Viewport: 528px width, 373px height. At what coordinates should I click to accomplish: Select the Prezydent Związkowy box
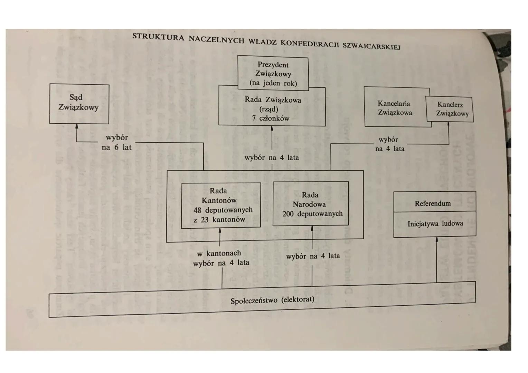pyautogui.click(x=273, y=74)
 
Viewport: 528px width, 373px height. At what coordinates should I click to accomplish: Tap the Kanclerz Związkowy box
pyautogui.click(x=450, y=109)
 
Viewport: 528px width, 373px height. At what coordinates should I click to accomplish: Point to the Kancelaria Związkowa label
pyautogui.click(x=395, y=108)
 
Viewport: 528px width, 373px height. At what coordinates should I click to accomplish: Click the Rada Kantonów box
pyautogui.click(x=221, y=205)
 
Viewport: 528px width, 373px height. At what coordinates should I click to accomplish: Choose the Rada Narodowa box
pyautogui.click(x=311, y=204)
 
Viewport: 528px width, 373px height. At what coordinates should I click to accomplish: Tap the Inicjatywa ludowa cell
pyautogui.click(x=435, y=223)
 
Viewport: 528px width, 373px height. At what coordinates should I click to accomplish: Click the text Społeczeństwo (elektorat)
pyautogui.click(x=272, y=300)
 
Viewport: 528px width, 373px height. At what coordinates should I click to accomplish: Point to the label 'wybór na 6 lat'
pyautogui.click(x=117, y=142)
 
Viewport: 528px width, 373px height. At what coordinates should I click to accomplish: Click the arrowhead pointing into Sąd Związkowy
pyautogui.click(x=77, y=126)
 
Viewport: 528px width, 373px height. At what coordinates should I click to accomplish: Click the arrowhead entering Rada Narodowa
pyautogui.click(x=312, y=228)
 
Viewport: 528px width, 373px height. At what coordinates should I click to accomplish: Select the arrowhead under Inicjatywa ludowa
pyautogui.click(x=436, y=239)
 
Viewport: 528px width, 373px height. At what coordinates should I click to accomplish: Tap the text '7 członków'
pyautogui.click(x=271, y=118)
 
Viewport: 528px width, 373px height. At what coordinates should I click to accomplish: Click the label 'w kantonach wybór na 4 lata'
pyautogui.click(x=221, y=258)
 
